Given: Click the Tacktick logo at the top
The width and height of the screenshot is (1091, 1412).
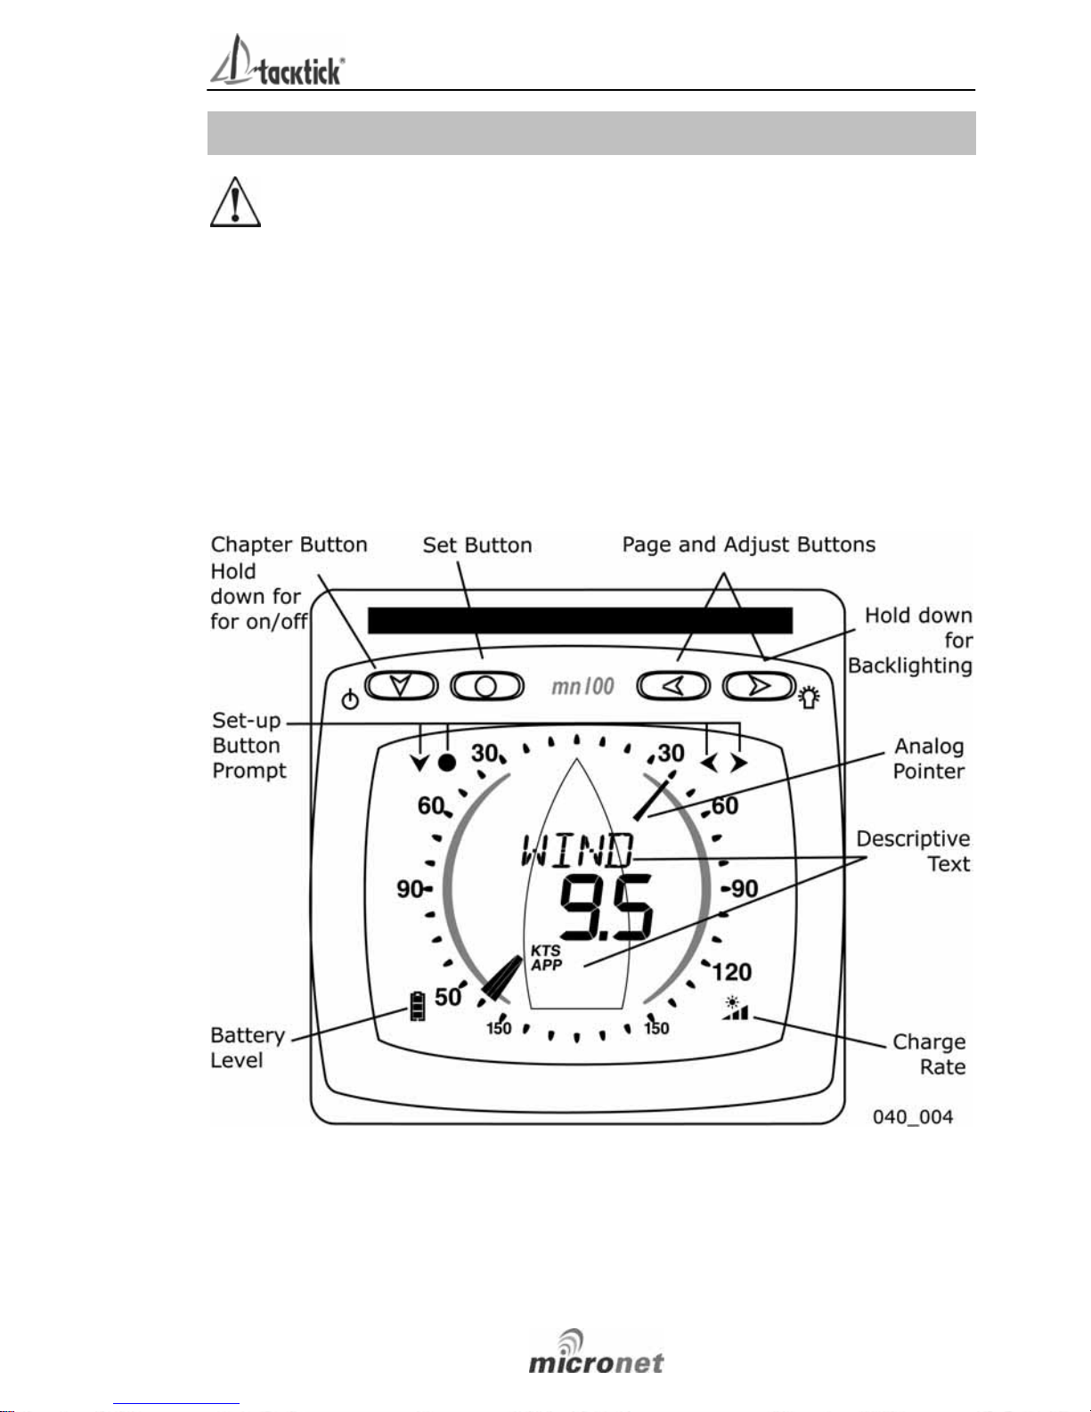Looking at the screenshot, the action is point(277,60).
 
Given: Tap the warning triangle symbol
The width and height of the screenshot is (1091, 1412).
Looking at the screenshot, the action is point(235,202).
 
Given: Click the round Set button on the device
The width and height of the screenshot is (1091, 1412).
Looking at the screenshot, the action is point(487,686).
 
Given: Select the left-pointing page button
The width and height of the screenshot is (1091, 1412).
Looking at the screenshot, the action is point(673,686).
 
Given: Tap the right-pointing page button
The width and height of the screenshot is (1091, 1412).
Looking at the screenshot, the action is point(759,686).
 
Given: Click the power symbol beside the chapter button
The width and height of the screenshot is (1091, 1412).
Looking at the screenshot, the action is point(350,700).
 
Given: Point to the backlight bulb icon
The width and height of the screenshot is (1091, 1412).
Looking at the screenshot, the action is point(809,698).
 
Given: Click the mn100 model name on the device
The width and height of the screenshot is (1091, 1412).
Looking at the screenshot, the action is point(582,686).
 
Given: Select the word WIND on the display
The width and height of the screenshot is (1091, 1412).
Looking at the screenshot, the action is point(577,850).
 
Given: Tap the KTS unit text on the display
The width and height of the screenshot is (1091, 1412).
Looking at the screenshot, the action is point(545,951).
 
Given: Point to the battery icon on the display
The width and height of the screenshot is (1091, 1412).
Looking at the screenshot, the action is point(418,1006).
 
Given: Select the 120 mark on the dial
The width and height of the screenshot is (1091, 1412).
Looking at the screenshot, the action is point(732,972).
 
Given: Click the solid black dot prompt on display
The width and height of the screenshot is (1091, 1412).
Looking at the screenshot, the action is point(447,763).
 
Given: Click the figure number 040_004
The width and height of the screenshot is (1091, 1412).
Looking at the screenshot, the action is point(912,1117).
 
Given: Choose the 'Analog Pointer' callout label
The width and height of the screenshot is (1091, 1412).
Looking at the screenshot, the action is point(929,758).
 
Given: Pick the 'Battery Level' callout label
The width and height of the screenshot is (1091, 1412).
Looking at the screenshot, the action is point(248,1048).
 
